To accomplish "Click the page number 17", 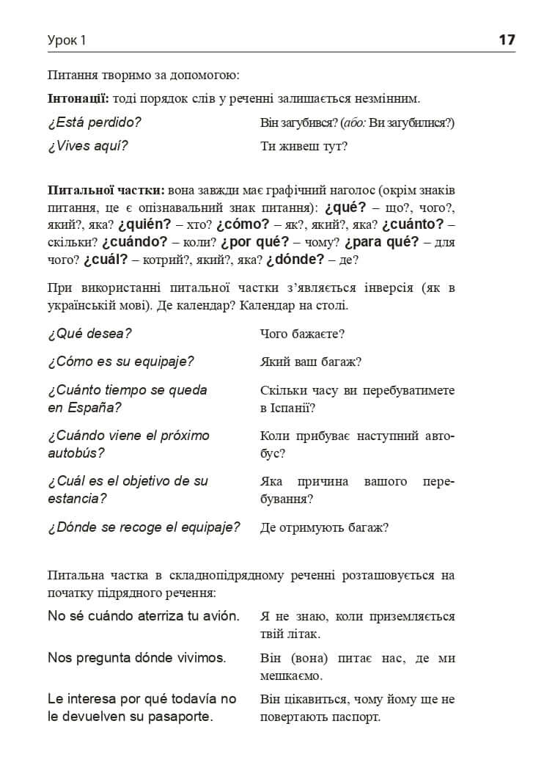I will (x=507, y=40).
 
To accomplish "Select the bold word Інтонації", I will (x=78, y=98).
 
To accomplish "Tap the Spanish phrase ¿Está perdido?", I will (x=94, y=122).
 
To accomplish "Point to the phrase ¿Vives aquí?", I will (x=87, y=146).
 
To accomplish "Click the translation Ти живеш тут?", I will (x=304, y=146).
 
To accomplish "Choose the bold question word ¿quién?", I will (x=144, y=224).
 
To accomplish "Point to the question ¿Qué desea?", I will (x=89, y=334).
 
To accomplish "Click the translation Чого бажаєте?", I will (x=302, y=334).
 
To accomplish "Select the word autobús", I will (x=76, y=453).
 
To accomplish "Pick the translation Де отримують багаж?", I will (x=324, y=527).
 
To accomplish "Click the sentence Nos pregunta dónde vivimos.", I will (x=136, y=657).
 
